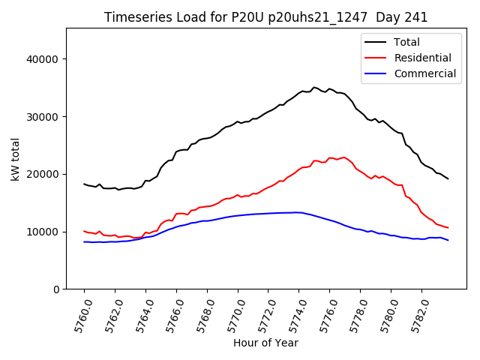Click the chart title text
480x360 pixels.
265,17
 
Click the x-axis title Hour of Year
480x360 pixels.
265,343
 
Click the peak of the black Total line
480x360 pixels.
314,87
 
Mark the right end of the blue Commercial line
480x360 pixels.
448,240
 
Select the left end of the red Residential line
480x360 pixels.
84,231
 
